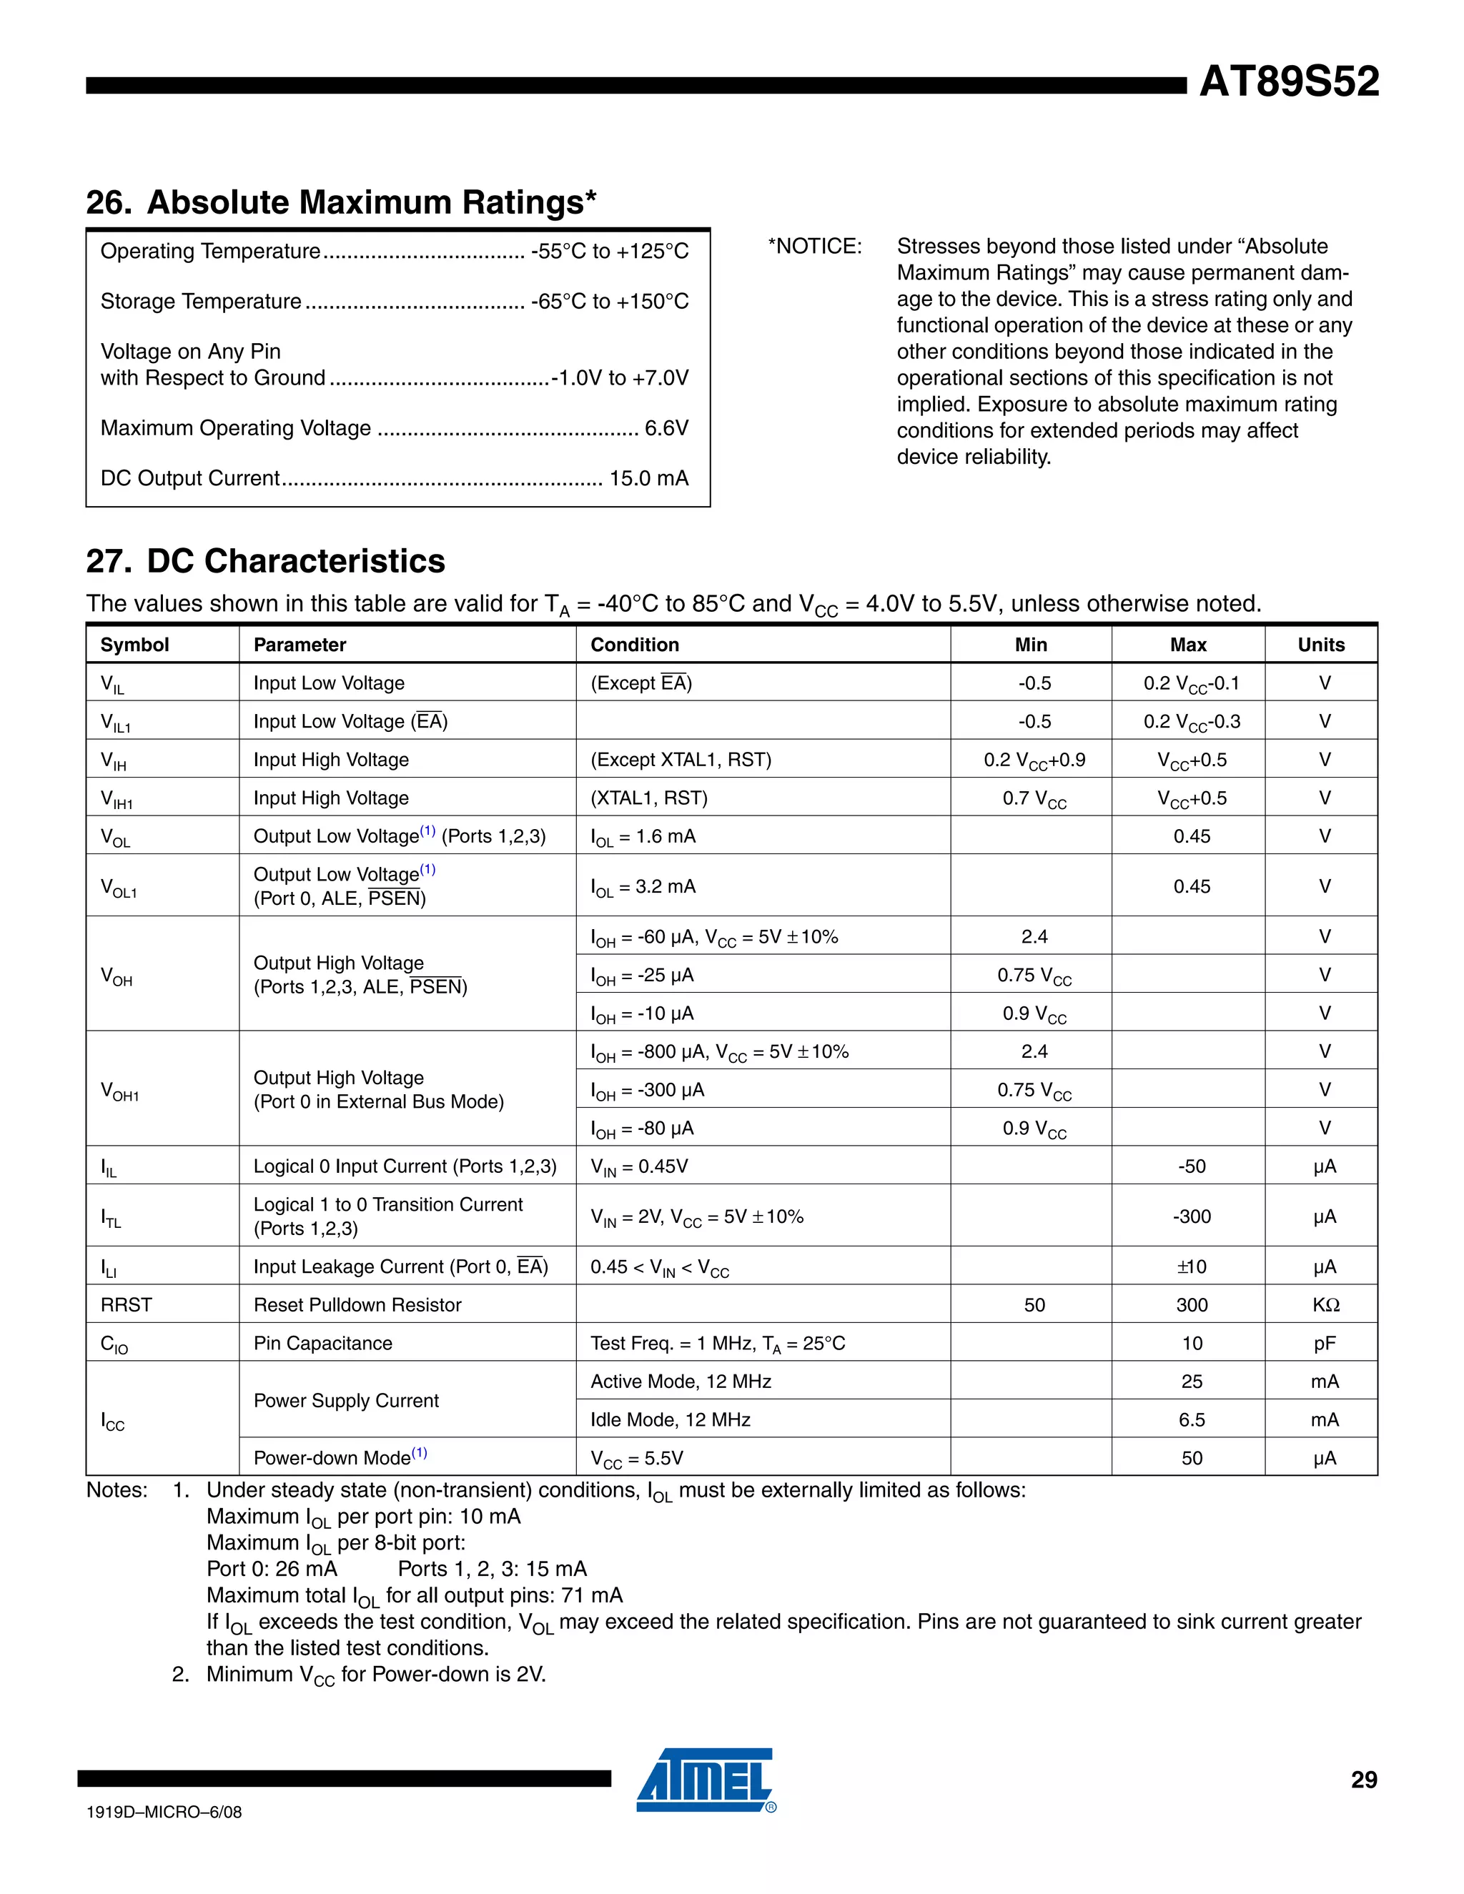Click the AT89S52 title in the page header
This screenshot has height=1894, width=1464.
tap(1288, 81)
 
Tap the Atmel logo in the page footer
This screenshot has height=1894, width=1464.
tap(705, 1780)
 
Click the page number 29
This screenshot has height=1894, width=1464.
tap(1363, 1780)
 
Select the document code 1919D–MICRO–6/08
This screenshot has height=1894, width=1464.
tap(164, 1812)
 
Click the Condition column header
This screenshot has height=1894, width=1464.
tap(634, 645)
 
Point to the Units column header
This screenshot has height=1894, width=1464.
tap(1320, 645)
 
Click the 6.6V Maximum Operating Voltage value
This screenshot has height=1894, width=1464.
tap(666, 427)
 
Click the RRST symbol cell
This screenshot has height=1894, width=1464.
tap(127, 1304)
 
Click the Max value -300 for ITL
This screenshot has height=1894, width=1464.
tap(1191, 1216)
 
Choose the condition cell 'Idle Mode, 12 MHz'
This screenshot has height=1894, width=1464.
tap(671, 1419)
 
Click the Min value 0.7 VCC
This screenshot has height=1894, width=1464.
tap(1034, 799)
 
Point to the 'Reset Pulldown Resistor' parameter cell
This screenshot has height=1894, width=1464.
tap(357, 1304)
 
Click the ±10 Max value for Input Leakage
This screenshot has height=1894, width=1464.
tap(1191, 1266)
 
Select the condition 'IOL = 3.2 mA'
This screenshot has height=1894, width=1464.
tap(643, 886)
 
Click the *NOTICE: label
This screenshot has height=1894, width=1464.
tap(814, 247)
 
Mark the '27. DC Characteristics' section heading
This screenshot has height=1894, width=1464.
tap(265, 561)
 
